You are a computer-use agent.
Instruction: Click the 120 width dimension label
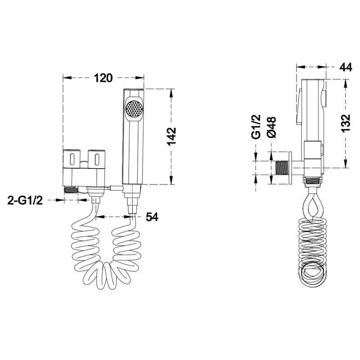point(103,78)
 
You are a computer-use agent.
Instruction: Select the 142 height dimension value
point(171,136)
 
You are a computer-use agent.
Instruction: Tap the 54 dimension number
point(152,217)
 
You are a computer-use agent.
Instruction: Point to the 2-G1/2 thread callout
point(25,200)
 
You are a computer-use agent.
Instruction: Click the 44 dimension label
point(346,67)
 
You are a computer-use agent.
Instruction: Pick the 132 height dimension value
point(346,123)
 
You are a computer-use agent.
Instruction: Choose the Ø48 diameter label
point(272,127)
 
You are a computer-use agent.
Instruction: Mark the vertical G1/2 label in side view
point(256,127)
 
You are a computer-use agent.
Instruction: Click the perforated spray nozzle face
point(134,108)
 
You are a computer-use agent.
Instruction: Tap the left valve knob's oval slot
point(72,159)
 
